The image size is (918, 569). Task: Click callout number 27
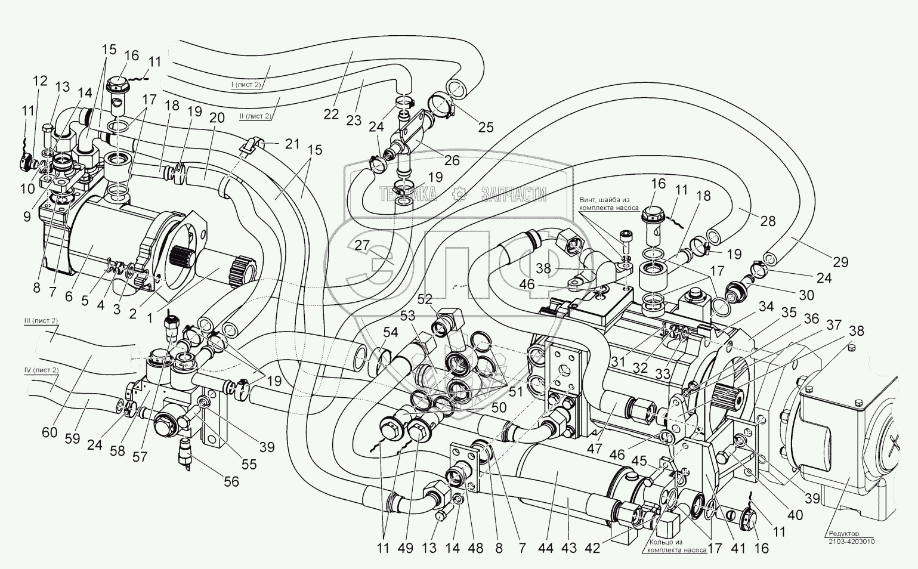[362, 246]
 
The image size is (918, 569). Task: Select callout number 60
[50, 432]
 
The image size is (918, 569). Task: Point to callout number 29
[840, 262]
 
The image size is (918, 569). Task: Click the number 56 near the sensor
[231, 482]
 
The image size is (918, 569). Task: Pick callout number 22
[331, 114]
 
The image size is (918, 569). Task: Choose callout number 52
[425, 299]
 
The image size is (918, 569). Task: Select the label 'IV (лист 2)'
[41, 370]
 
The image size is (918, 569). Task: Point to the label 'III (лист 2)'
[41, 321]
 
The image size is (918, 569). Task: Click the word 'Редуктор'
[843, 534]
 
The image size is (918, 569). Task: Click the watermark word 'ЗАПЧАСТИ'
[514, 194]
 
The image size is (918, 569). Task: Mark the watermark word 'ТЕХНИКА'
[408, 194]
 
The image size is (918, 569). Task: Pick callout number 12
[41, 81]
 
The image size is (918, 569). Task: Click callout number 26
[453, 160]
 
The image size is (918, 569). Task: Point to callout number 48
[475, 548]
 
